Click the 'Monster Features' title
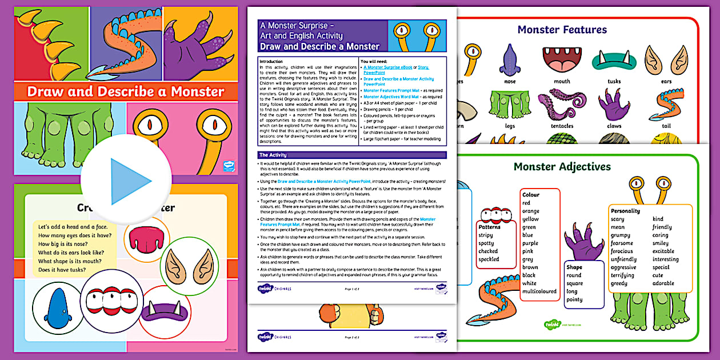[x=562, y=30]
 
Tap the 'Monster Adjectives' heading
[x=562, y=167]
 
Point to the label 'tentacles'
[x=562, y=126]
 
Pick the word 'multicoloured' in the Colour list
[x=539, y=291]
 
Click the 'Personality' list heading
[x=626, y=211]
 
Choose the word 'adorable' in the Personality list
[x=663, y=283]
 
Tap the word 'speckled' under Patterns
[x=489, y=259]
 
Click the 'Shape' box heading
[x=574, y=267]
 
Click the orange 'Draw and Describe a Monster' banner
[x=126, y=91]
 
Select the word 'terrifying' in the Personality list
[x=622, y=275]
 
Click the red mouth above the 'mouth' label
[x=562, y=59]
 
